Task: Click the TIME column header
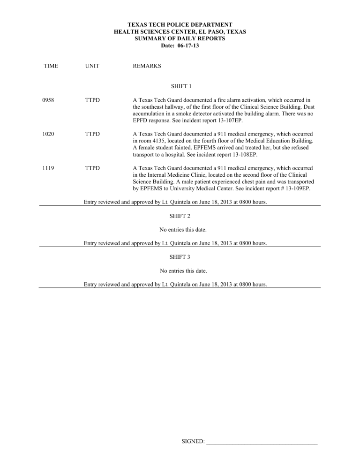tap(51, 66)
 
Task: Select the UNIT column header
tap(92, 66)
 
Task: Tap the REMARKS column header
tap(147, 66)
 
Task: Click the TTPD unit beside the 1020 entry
tap(93, 134)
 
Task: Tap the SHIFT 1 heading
tap(180, 86)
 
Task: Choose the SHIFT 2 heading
tap(180, 216)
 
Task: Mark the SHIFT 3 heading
tap(180, 257)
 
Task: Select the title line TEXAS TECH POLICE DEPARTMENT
tap(180, 24)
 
